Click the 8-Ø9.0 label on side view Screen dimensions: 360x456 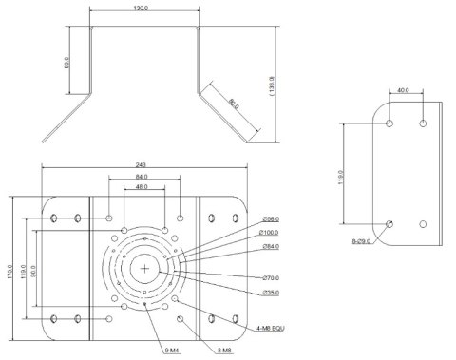click(362, 241)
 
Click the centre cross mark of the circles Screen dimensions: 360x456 click(143, 269)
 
